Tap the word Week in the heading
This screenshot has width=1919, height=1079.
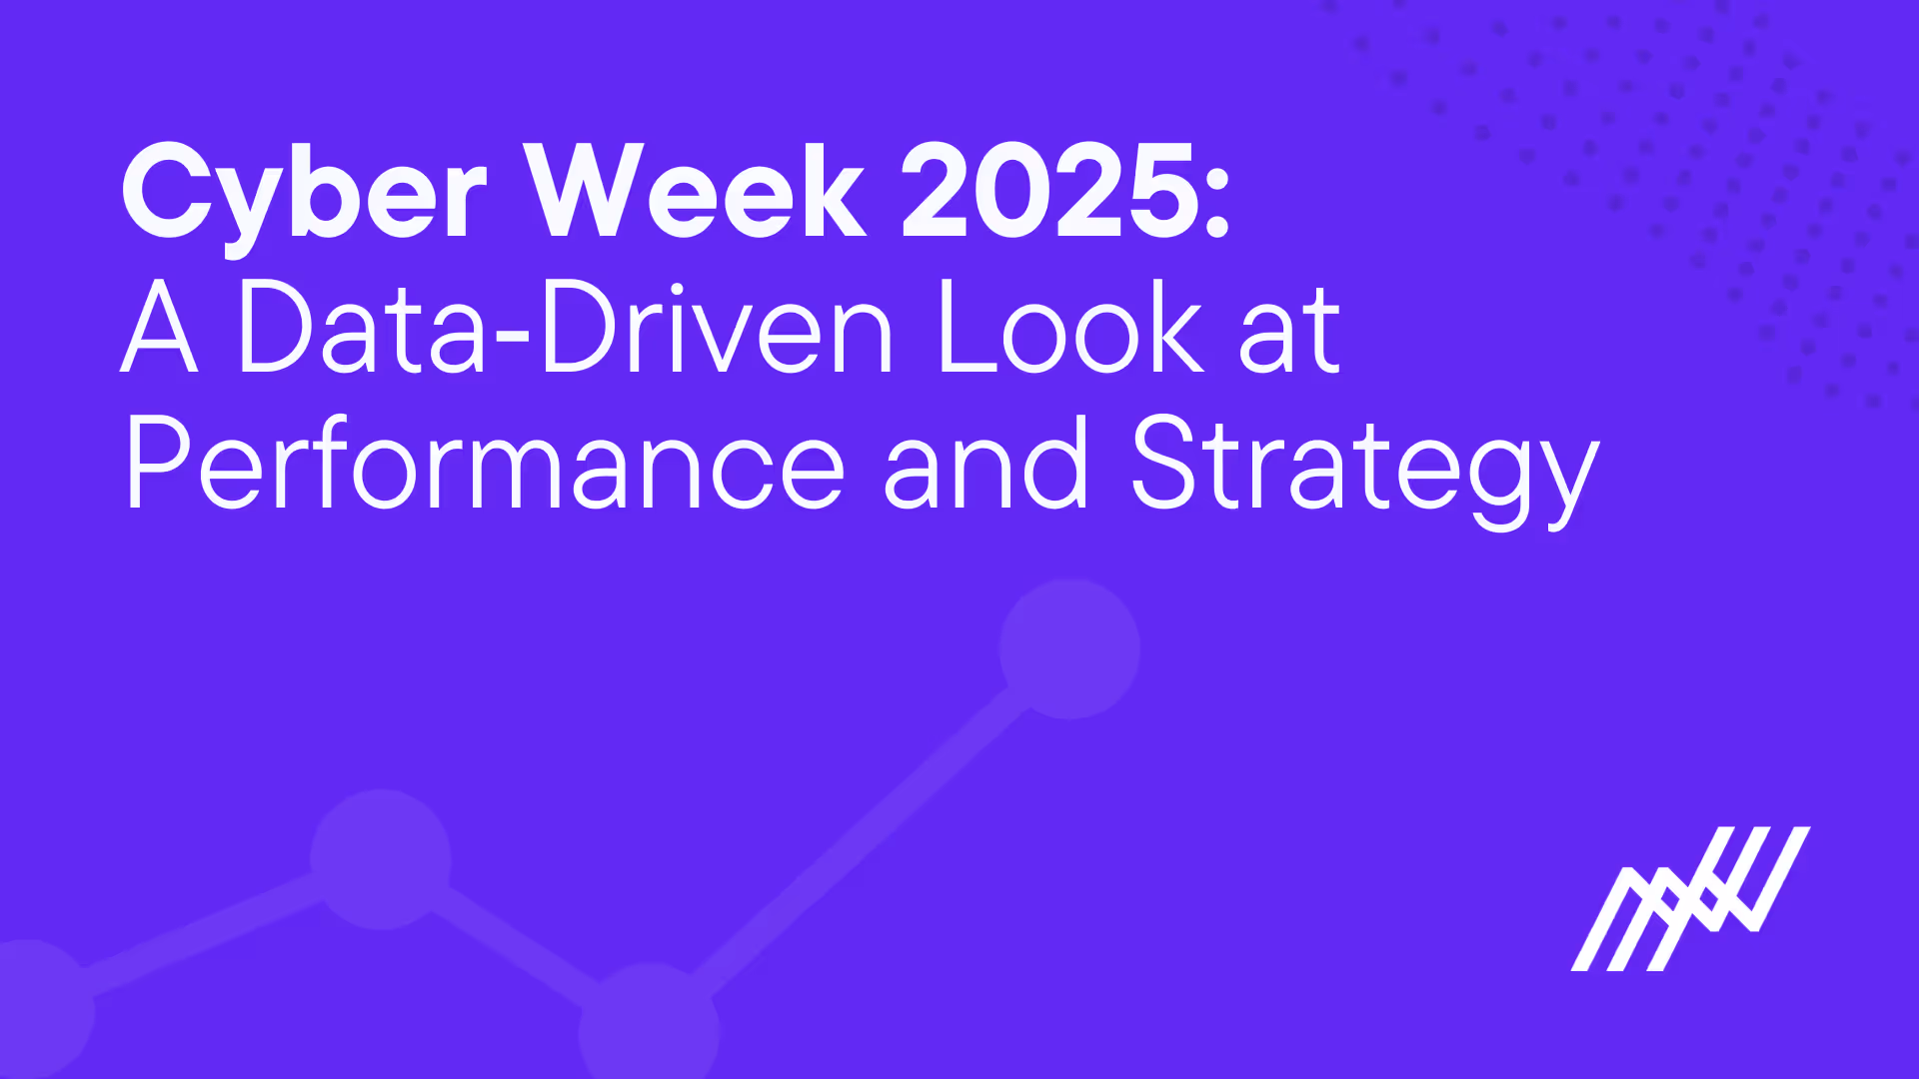tap(696, 192)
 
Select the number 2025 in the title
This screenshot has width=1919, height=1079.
tap(1049, 192)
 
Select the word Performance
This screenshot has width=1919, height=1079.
tap(485, 465)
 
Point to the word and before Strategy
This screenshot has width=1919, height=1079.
tap(985, 465)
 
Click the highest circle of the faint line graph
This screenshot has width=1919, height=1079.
tap(1069, 648)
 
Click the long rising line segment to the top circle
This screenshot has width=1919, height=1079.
tap(860, 834)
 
